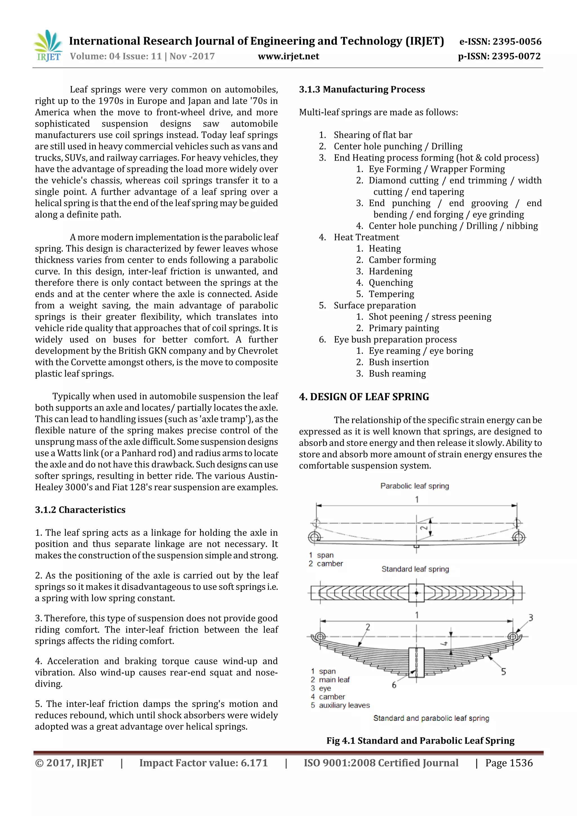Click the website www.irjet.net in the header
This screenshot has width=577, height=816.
288,56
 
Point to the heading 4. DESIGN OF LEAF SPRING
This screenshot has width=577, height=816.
364,397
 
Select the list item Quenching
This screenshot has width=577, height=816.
390,283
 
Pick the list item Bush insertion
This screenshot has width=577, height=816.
399,362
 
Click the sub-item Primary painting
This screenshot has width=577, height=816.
403,328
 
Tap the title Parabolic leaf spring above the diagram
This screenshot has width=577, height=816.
414,486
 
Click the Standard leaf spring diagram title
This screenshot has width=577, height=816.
415,569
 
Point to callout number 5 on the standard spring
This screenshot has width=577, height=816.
503,672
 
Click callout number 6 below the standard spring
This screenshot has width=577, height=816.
394,685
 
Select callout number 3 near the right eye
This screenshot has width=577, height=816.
531,618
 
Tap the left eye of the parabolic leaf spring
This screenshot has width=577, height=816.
314,537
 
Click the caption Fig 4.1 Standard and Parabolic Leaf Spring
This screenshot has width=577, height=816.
420,741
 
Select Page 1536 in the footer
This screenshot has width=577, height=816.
509,763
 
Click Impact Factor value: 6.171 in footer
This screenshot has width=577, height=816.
203,763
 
